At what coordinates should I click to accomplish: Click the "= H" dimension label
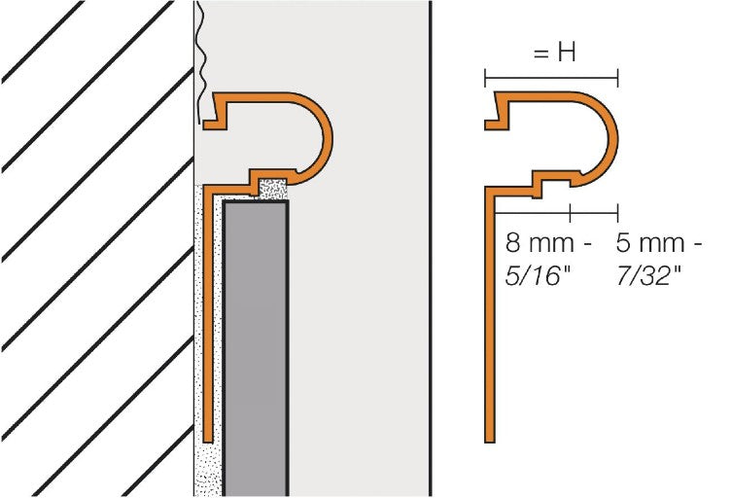[555, 54]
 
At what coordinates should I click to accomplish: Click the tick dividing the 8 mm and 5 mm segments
[571, 210]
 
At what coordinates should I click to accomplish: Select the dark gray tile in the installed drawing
[256, 340]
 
